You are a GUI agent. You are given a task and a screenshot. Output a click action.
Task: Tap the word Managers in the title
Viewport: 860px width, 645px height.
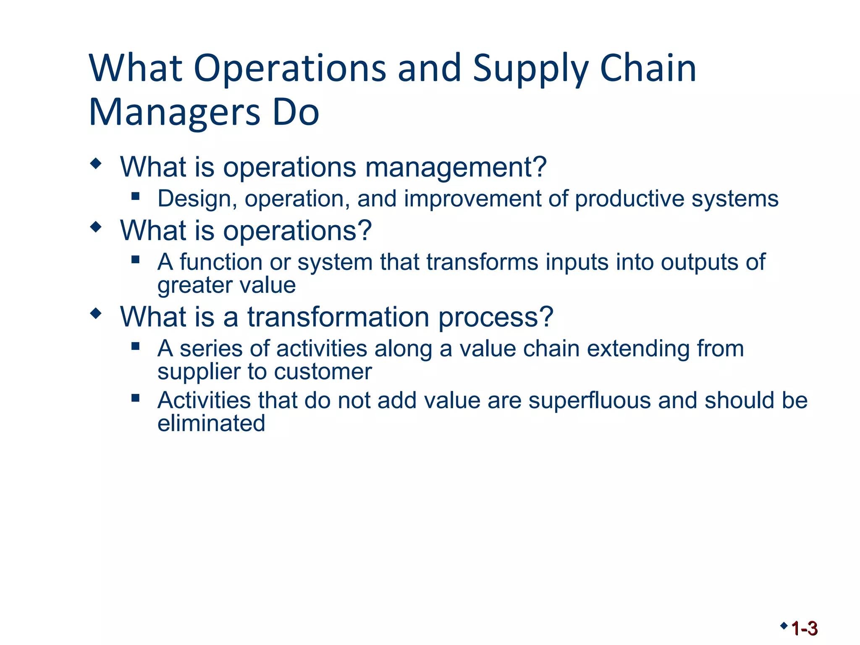tap(175, 113)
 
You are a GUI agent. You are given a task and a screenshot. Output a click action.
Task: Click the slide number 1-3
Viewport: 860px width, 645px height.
tap(804, 629)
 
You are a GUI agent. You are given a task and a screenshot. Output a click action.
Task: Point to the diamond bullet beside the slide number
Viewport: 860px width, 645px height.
tap(784, 626)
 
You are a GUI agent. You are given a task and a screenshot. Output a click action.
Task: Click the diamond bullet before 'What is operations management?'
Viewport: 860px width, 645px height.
tap(96, 163)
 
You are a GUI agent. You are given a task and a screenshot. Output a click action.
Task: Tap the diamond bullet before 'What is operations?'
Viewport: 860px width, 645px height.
tap(96, 227)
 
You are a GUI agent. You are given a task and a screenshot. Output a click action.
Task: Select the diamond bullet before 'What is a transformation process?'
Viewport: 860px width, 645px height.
tap(96, 313)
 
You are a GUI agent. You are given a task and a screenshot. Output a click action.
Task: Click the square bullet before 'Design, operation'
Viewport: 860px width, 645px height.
tap(135, 196)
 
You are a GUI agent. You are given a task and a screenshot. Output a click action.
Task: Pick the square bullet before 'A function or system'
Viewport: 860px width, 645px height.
tap(135, 259)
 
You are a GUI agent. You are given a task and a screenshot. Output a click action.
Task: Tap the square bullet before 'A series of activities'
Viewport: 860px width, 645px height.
tap(135, 346)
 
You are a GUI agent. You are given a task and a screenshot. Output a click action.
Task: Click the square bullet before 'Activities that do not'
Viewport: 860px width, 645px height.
tap(135, 397)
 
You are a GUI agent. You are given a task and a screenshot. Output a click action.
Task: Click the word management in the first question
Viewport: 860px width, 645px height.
tap(456, 168)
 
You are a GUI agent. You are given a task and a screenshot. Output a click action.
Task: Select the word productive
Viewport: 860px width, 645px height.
tap(629, 199)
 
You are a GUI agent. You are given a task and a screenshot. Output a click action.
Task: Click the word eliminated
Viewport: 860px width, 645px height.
tap(211, 423)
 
